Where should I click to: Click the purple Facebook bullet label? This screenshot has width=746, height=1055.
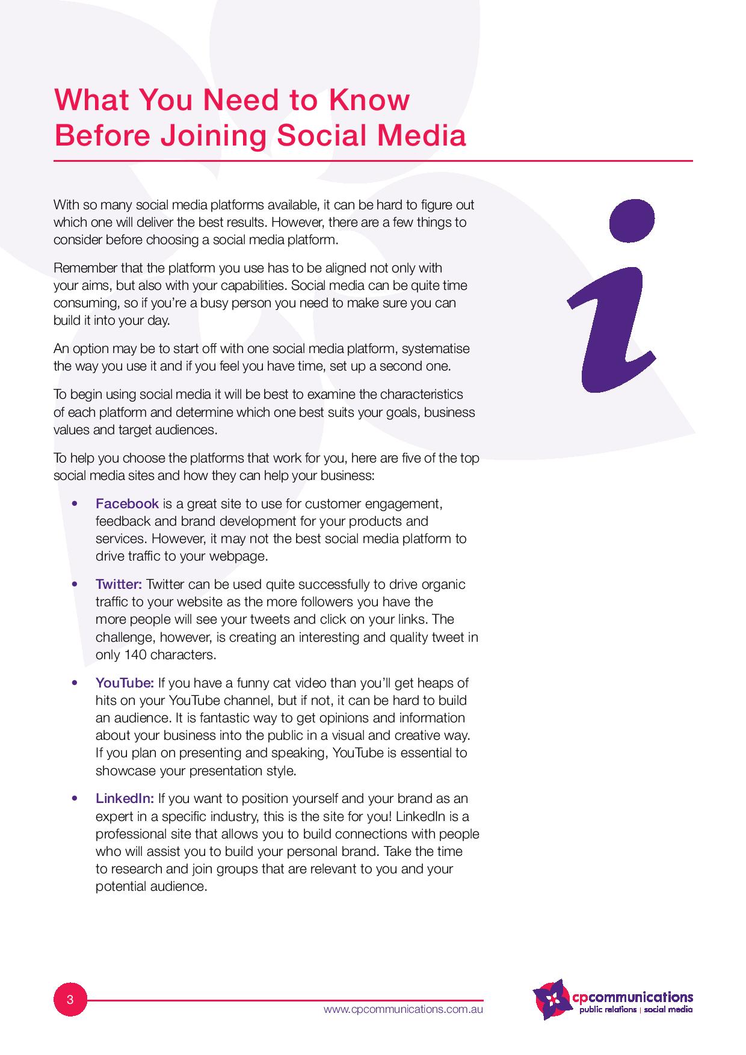point(127,503)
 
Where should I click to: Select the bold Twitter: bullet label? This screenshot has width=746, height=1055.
point(119,584)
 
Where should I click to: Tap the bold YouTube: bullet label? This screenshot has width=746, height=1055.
point(125,683)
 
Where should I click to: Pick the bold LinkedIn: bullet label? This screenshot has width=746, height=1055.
point(125,798)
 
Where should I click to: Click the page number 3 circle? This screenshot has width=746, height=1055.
point(70,1000)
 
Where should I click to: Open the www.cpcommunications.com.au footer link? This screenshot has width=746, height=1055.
point(403,1009)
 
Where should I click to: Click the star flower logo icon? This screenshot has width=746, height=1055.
point(552,1000)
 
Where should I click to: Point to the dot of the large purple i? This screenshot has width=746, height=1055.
point(632,221)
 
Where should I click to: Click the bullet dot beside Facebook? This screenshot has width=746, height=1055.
point(75,503)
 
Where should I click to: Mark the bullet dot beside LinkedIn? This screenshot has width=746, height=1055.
point(75,798)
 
